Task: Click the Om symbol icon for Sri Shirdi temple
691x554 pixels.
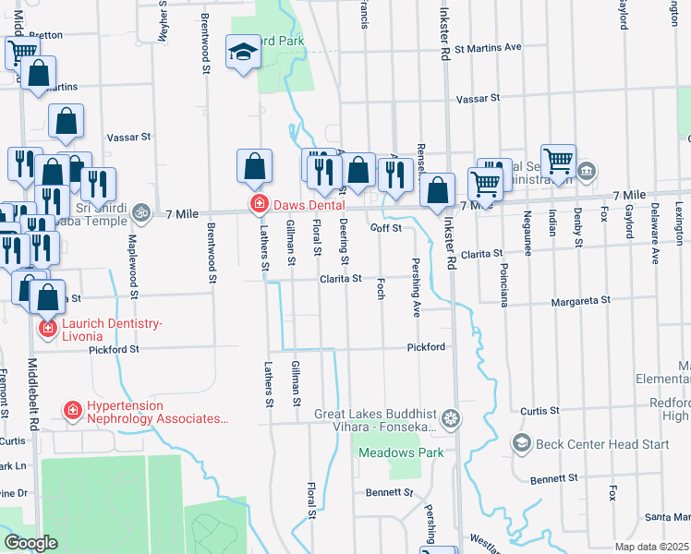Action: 141,212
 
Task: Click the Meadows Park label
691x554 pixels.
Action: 401,452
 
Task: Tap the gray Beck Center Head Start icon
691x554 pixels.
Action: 521,443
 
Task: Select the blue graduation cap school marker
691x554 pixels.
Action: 244,54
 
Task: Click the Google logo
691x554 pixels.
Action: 30,543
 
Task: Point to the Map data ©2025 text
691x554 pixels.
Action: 652,547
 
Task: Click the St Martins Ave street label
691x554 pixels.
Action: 488,46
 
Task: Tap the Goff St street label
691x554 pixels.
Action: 386,228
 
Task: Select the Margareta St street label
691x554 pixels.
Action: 582,300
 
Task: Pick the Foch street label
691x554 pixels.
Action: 380,290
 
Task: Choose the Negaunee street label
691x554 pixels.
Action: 527,222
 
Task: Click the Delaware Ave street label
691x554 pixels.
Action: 654,225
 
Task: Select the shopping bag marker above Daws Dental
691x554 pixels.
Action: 254,167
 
